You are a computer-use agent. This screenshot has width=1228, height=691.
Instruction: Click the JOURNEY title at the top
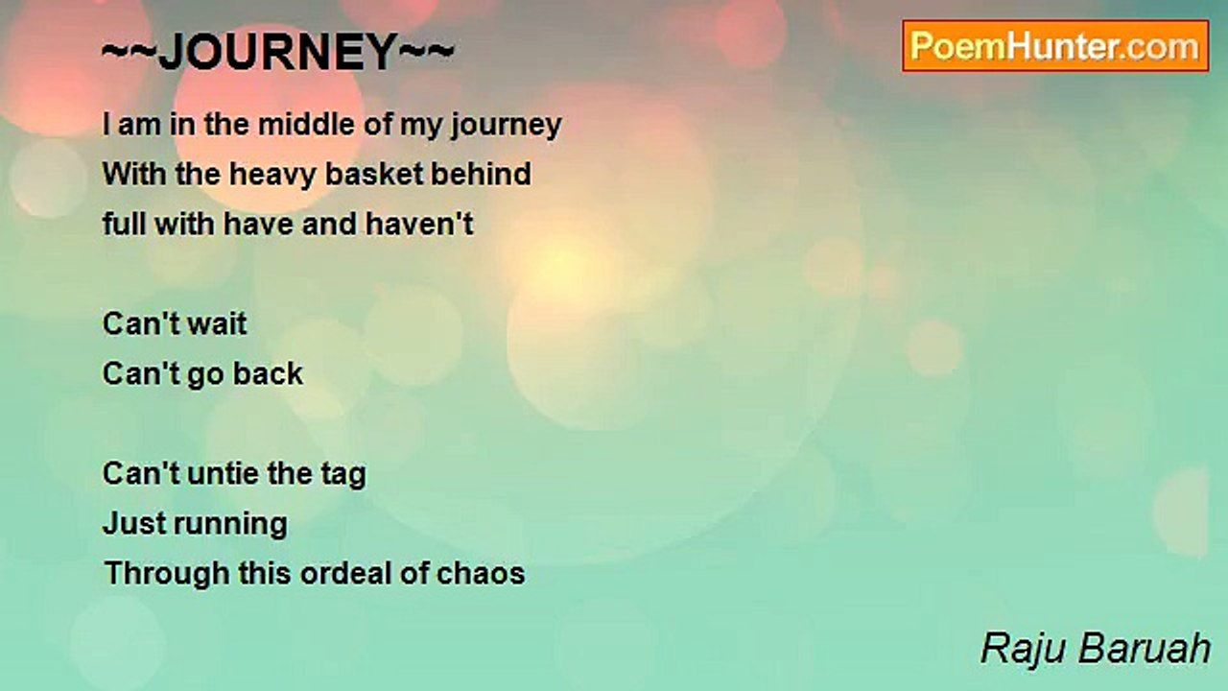coord(278,52)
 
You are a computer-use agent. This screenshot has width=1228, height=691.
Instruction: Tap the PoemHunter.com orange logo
coord(1055,46)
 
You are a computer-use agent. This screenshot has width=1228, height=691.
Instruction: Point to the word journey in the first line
coord(507,126)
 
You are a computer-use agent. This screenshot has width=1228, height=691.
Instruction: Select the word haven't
coord(419,225)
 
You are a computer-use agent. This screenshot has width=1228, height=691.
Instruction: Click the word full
coord(124,225)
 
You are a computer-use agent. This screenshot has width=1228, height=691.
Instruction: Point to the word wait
coord(217,324)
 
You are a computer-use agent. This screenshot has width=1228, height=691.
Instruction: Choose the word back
coord(268,374)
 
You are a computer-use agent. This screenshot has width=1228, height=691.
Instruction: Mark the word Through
coord(167,574)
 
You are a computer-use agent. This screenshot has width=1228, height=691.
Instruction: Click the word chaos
coord(481,574)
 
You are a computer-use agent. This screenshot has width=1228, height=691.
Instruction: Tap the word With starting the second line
coord(133,174)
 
